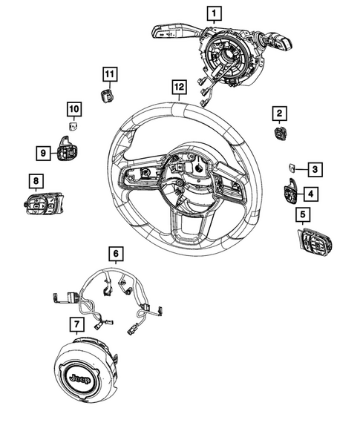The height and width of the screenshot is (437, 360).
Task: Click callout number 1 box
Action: (214, 13)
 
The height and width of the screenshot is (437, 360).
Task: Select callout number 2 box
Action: (279, 113)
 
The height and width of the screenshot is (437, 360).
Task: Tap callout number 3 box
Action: (314, 170)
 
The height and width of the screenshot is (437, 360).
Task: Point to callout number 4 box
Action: (310, 194)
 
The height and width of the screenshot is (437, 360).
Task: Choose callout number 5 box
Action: (302, 215)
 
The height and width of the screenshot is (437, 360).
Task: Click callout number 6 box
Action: (116, 254)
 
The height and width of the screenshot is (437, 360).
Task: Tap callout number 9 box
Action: (44, 153)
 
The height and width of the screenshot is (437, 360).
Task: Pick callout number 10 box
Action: (74, 109)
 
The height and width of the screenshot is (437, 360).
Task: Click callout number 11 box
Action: (110, 73)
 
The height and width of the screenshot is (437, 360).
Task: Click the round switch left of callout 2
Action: (282, 133)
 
